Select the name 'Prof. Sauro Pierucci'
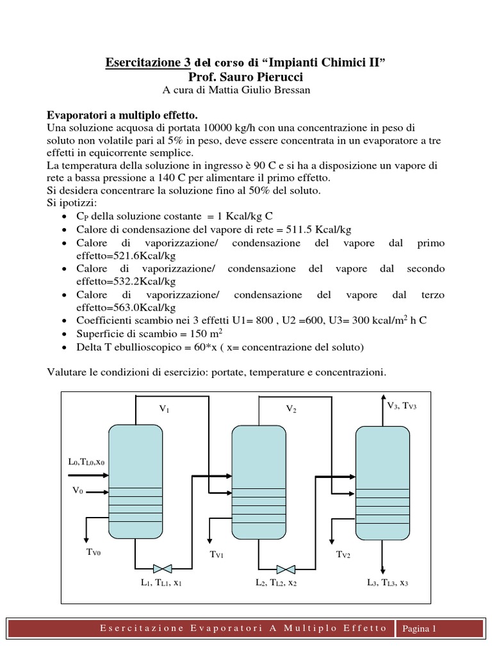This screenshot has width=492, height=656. tap(245, 76)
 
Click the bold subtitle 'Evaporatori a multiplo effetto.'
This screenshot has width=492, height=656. tap(122, 115)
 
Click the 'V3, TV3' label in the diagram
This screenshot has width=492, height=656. tap(402, 406)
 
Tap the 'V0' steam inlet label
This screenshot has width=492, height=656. tap(78, 491)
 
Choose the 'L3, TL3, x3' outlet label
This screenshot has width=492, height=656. tap(388, 583)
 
